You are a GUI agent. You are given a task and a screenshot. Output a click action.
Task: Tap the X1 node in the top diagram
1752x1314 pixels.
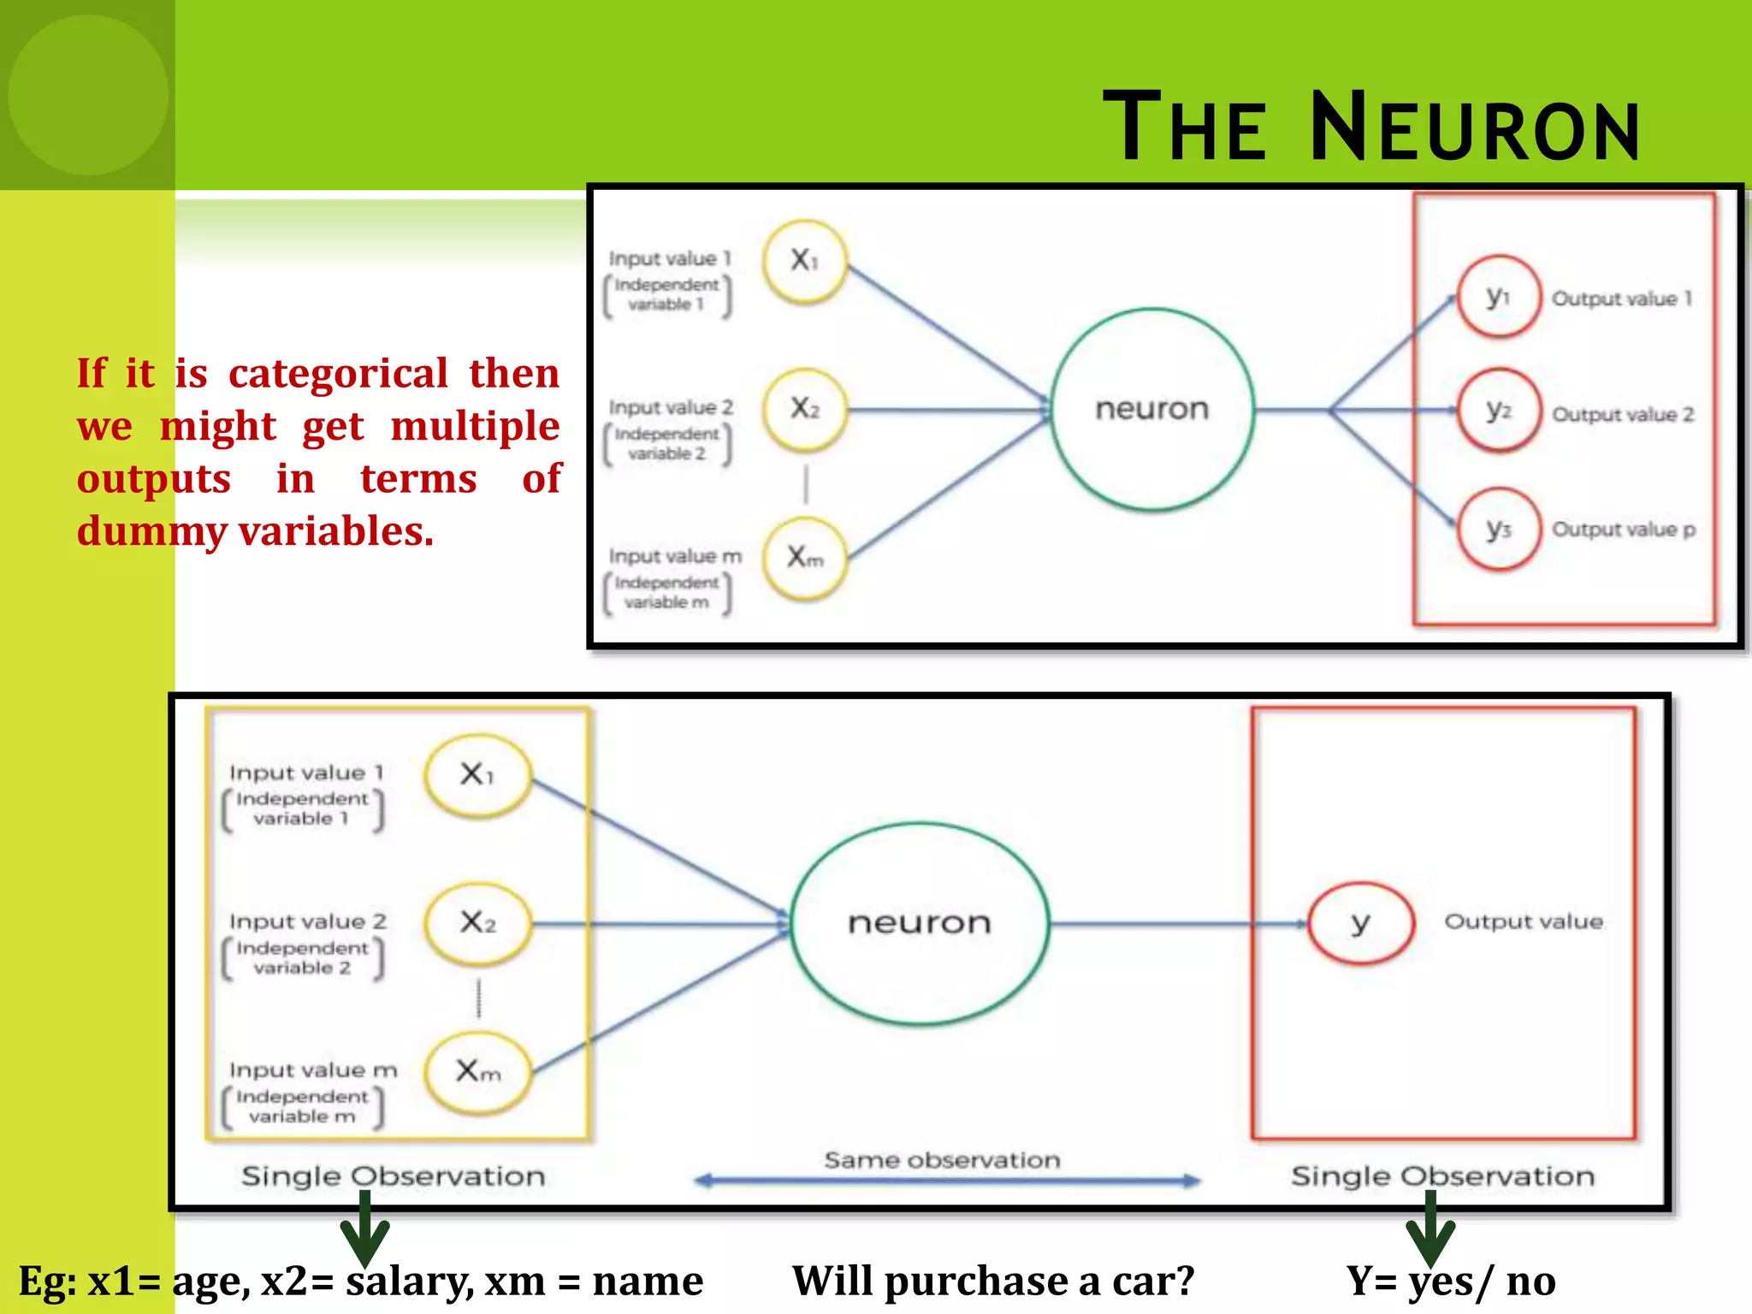[804, 261]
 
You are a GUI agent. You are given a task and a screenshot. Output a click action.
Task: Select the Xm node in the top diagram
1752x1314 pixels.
[804, 559]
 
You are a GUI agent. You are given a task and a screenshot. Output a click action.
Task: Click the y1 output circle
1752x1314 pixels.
[1498, 297]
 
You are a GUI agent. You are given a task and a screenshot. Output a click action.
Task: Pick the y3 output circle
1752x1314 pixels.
[1498, 530]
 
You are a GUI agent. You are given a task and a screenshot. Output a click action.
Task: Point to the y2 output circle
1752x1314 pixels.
[1498, 411]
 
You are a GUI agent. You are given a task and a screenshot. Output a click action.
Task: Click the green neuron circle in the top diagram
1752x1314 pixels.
[1151, 410]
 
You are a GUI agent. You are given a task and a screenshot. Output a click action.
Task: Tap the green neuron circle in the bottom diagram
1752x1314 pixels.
[920, 923]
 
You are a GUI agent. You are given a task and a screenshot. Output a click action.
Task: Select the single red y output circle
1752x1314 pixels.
[1360, 923]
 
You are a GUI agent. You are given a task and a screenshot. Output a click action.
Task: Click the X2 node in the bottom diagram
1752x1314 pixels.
[477, 923]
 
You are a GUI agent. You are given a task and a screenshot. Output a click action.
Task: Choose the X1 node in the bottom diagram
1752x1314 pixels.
[477, 775]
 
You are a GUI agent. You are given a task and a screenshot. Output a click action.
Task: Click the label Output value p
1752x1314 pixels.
[1623, 530]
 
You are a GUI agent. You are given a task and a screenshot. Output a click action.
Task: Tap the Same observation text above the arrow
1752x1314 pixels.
[942, 1160]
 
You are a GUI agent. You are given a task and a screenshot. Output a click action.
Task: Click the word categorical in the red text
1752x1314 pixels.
[338, 374]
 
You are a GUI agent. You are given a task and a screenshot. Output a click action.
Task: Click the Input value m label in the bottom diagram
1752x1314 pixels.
[313, 1070]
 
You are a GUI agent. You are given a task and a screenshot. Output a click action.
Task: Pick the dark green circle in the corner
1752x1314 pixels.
[87, 94]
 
